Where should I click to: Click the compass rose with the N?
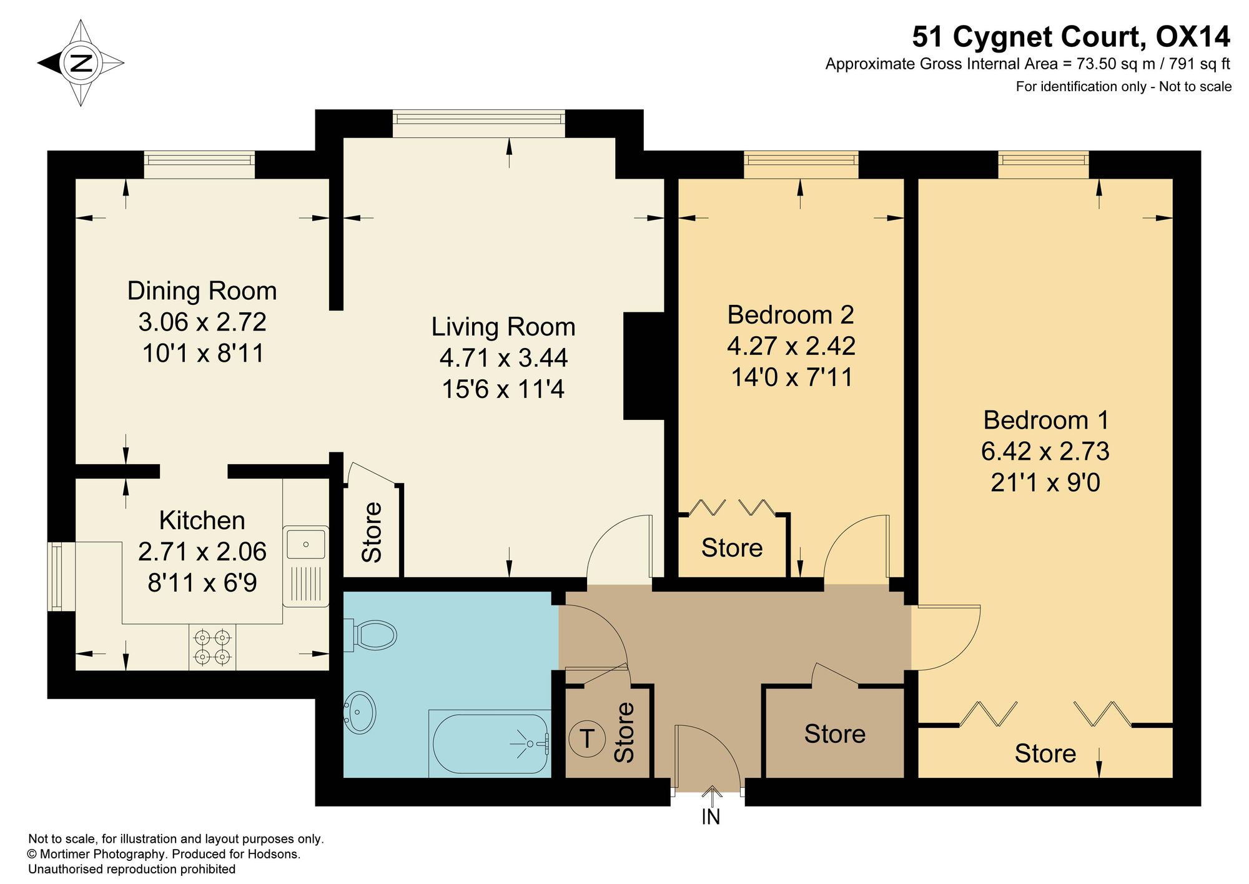[81, 62]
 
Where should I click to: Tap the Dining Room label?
[202, 291]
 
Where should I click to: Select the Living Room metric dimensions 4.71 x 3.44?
[503, 358]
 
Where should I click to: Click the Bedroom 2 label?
[790, 314]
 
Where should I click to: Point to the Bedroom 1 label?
[1045, 420]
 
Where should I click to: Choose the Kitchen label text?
[202, 520]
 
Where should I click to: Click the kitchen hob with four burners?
[212, 647]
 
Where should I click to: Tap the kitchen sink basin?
[306, 543]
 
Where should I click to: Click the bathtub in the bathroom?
[490, 743]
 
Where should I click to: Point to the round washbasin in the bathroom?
[360, 711]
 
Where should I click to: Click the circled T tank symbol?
[587, 739]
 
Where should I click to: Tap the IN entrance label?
[711, 817]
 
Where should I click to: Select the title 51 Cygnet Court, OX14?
[1071, 37]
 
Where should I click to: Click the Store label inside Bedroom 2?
[732, 548]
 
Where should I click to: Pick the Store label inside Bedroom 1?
[1045, 753]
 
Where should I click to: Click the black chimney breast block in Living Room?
[643, 366]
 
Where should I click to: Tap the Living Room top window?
[479, 124]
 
